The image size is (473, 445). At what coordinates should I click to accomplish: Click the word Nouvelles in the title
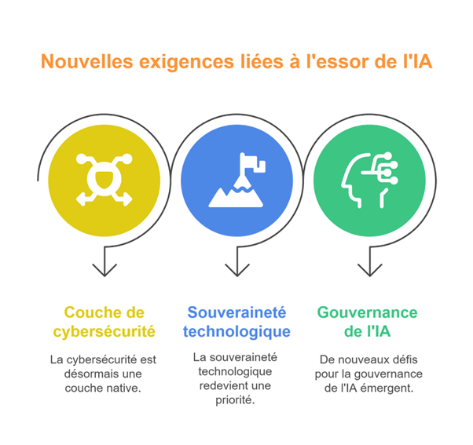coord(87,61)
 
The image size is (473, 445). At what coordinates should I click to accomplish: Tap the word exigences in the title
coord(186,62)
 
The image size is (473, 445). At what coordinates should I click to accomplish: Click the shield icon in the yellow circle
coord(104,180)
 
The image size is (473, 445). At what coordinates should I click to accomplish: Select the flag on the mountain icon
coord(253,162)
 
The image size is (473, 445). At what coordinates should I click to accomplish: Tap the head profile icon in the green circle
coord(369,181)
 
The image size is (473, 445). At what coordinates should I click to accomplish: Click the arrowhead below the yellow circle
coord(104,270)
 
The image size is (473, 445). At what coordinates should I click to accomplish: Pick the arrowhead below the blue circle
coord(237,270)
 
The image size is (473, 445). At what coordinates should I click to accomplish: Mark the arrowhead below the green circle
coord(370,270)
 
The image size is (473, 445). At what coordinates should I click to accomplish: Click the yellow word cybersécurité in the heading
coord(104,332)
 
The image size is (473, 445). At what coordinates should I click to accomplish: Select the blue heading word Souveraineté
coord(236,312)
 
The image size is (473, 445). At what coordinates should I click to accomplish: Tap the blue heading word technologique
coord(236,332)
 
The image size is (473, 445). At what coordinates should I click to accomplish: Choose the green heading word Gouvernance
coord(368,312)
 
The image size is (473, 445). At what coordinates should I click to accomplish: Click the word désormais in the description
coord(89,374)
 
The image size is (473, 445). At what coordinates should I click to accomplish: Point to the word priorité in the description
coord(235,400)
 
